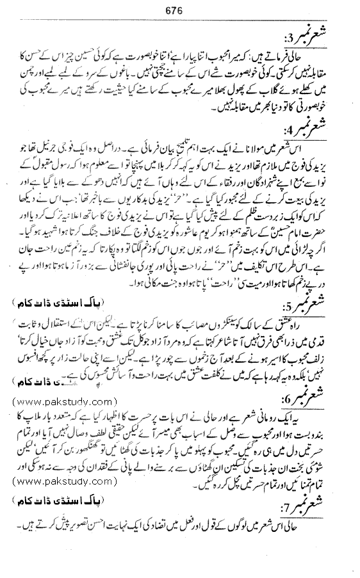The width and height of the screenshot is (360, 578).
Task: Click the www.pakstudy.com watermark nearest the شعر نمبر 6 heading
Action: (61, 402)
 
